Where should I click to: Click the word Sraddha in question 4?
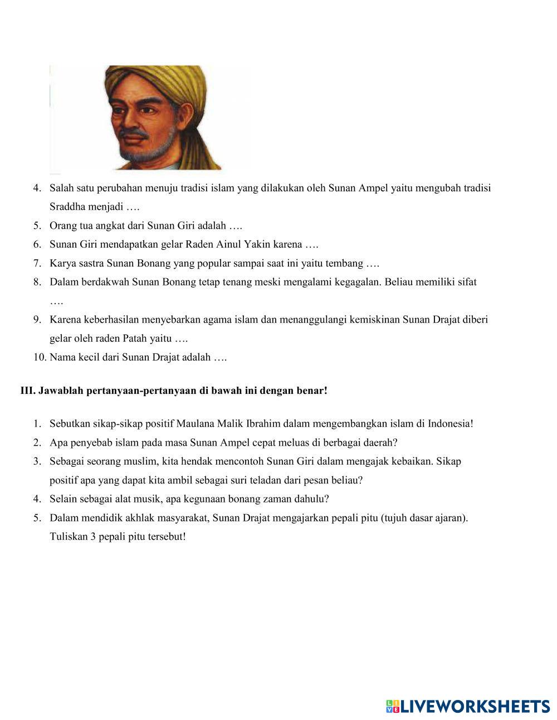pyautogui.click(x=66, y=207)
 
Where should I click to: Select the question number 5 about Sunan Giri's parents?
pyautogui.click(x=37, y=226)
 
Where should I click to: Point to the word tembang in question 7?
pyautogui.click(x=345, y=263)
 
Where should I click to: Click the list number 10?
pyautogui.click(x=40, y=357)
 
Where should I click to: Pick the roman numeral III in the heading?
pyautogui.click(x=27, y=391)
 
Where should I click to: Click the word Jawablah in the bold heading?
pyautogui.click(x=61, y=391)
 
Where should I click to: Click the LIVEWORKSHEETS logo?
pyautogui.click(x=468, y=707)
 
